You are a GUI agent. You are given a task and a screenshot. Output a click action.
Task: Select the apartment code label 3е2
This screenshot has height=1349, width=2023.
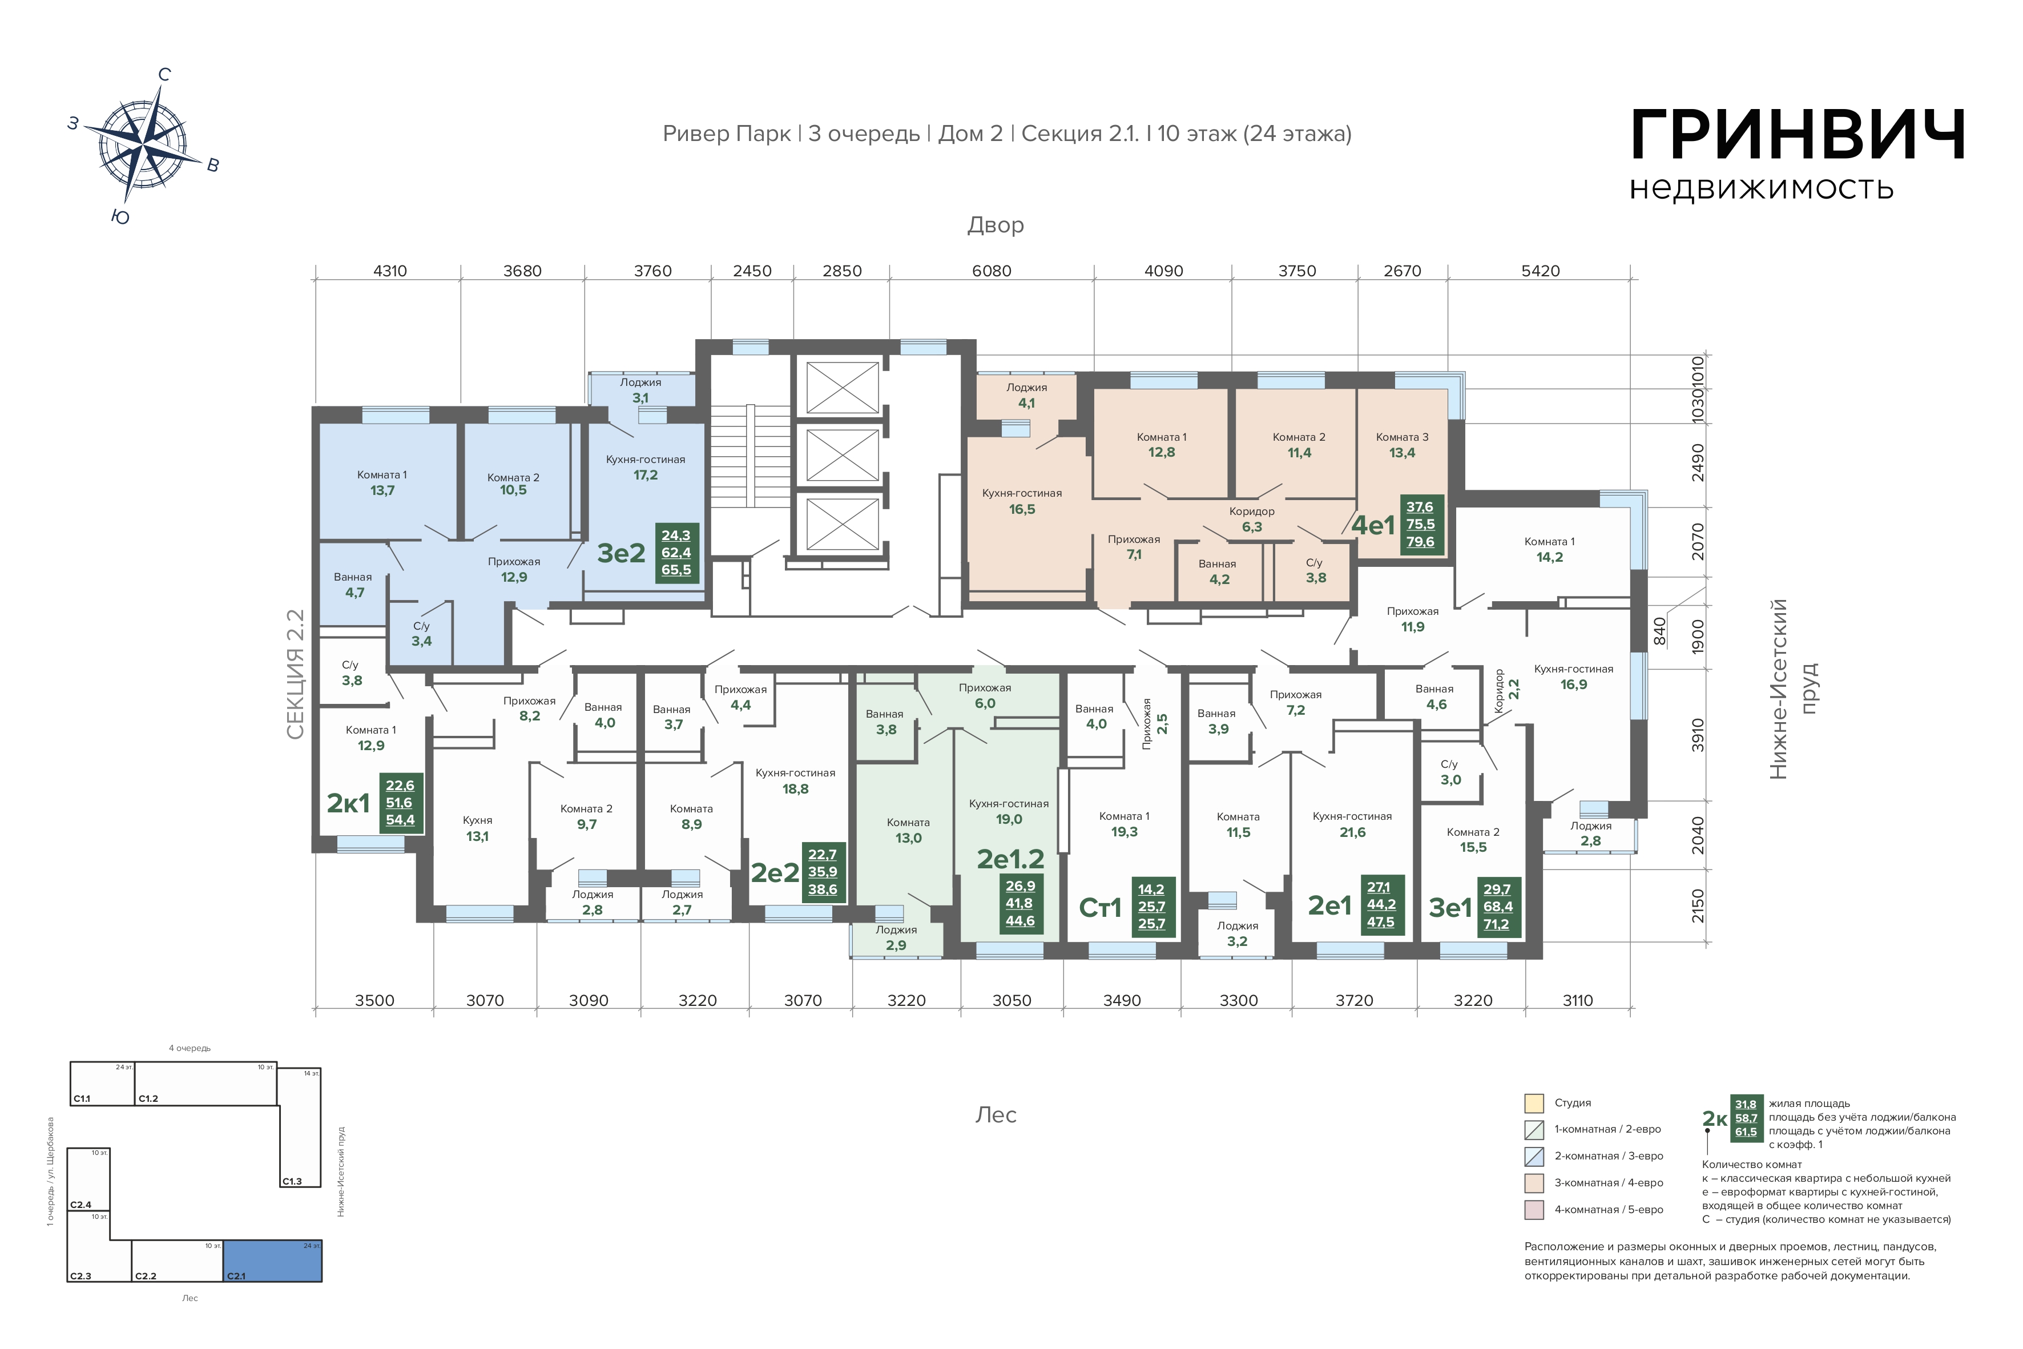coord(621,553)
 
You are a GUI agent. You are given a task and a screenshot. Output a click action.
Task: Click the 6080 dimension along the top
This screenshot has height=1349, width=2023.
coord(991,271)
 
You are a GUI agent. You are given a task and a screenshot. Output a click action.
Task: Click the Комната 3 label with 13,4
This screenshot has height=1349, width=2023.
coord(1402,445)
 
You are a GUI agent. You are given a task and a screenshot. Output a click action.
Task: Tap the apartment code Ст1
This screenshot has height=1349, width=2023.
coord(1100,908)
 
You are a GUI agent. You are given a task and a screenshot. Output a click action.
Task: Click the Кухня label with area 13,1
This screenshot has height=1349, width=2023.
coord(477,828)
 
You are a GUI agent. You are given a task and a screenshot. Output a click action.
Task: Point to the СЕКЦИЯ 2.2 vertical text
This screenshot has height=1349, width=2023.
coord(295,675)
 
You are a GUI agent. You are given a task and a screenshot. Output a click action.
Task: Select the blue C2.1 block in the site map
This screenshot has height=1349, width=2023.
coord(273,1261)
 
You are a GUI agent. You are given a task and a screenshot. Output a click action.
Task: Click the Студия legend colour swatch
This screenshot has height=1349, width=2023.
coord(1534,1103)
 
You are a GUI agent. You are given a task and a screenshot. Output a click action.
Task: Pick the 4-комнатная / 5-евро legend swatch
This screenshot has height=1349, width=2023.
coord(1534,1210)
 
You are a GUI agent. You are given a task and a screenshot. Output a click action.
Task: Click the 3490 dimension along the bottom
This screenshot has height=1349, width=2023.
coord(1122,1001)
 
